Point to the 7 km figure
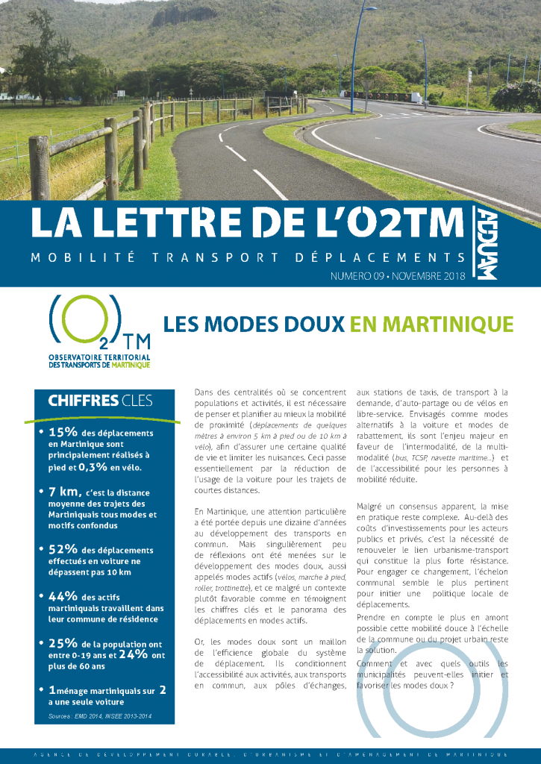pos(65,492)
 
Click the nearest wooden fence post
pos(40,168)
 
